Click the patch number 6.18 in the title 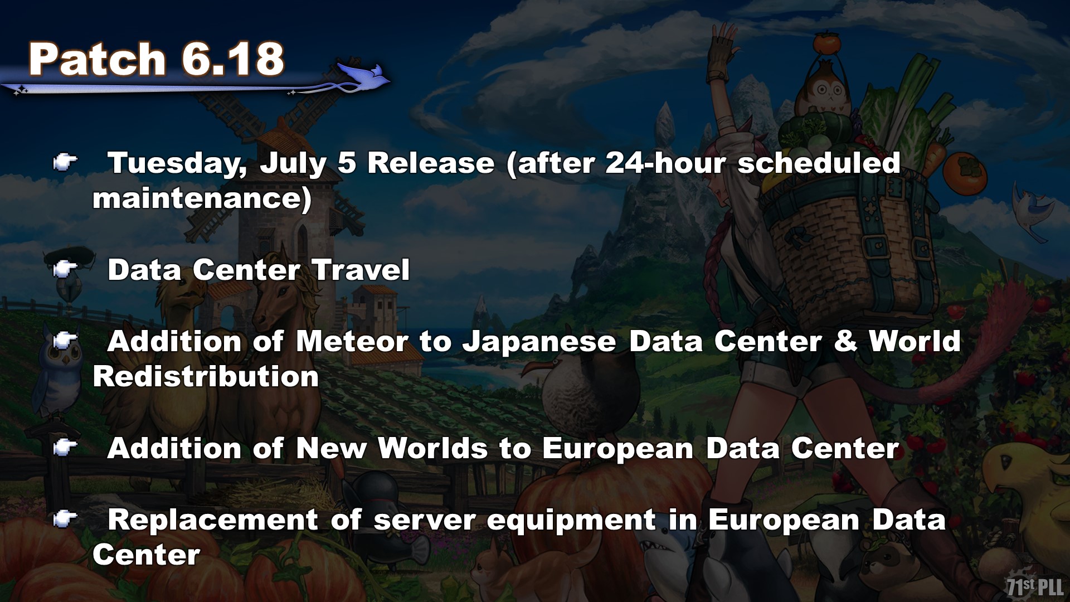[232, 59]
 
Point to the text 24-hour [665, 163]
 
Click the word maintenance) [202, 199]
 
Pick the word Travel [361, 270]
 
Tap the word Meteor [352, 341]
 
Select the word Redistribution [206, 377]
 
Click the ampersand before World [845, 341]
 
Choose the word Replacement [213, 521]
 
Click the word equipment [571, 521]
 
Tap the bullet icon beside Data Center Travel [65, 270]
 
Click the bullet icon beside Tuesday [65, 163]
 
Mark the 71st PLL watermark [1035, 586]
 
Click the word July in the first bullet [293, 164]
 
